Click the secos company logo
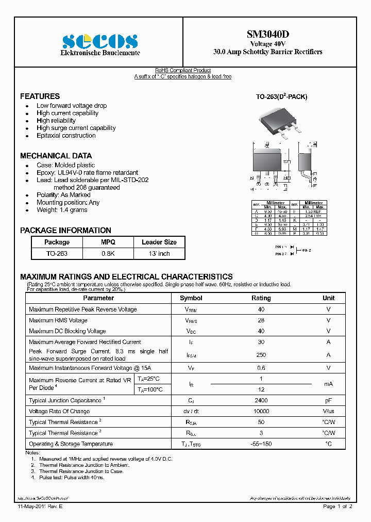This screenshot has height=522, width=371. (100, 41)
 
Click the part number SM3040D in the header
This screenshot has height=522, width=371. (267, 35)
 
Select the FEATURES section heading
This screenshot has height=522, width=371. (40, 96)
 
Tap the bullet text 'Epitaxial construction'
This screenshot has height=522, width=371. (66, 136)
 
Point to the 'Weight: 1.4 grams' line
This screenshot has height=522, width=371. (62, 210)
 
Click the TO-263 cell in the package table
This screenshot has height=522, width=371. (57, 254)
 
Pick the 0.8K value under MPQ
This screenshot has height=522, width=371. (108, 254)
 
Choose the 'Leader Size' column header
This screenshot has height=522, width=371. (159, 242)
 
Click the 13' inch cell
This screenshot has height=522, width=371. (159, 254)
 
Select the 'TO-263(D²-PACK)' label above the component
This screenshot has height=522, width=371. (281, 97)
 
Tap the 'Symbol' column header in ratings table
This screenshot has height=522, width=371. (191, 298)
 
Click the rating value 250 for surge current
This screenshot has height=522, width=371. (261, 355)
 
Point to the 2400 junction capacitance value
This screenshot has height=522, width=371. (261, 400)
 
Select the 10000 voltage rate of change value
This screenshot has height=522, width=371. (261, 412)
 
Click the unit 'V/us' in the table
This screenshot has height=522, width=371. (328, 412)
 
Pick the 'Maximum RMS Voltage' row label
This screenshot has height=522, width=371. (58, 320)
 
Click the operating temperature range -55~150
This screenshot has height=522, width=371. (261, 444)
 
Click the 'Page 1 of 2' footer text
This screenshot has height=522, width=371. (338, 507)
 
